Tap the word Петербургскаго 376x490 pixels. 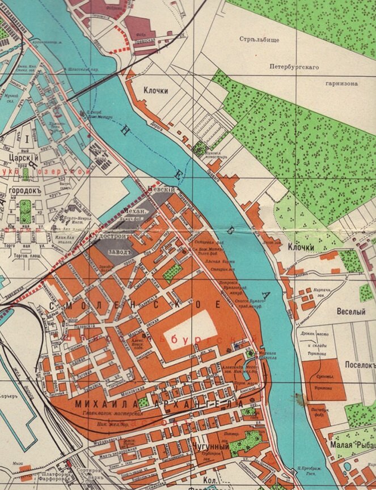[x=294, y=67]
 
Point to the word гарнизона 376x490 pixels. [x=341, y=83]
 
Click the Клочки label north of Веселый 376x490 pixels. [x=301, y=248]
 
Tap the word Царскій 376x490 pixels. [x=19, y=158]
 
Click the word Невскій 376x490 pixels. [x=159, y=190]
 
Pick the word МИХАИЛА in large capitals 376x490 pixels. [x=102, y=404]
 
